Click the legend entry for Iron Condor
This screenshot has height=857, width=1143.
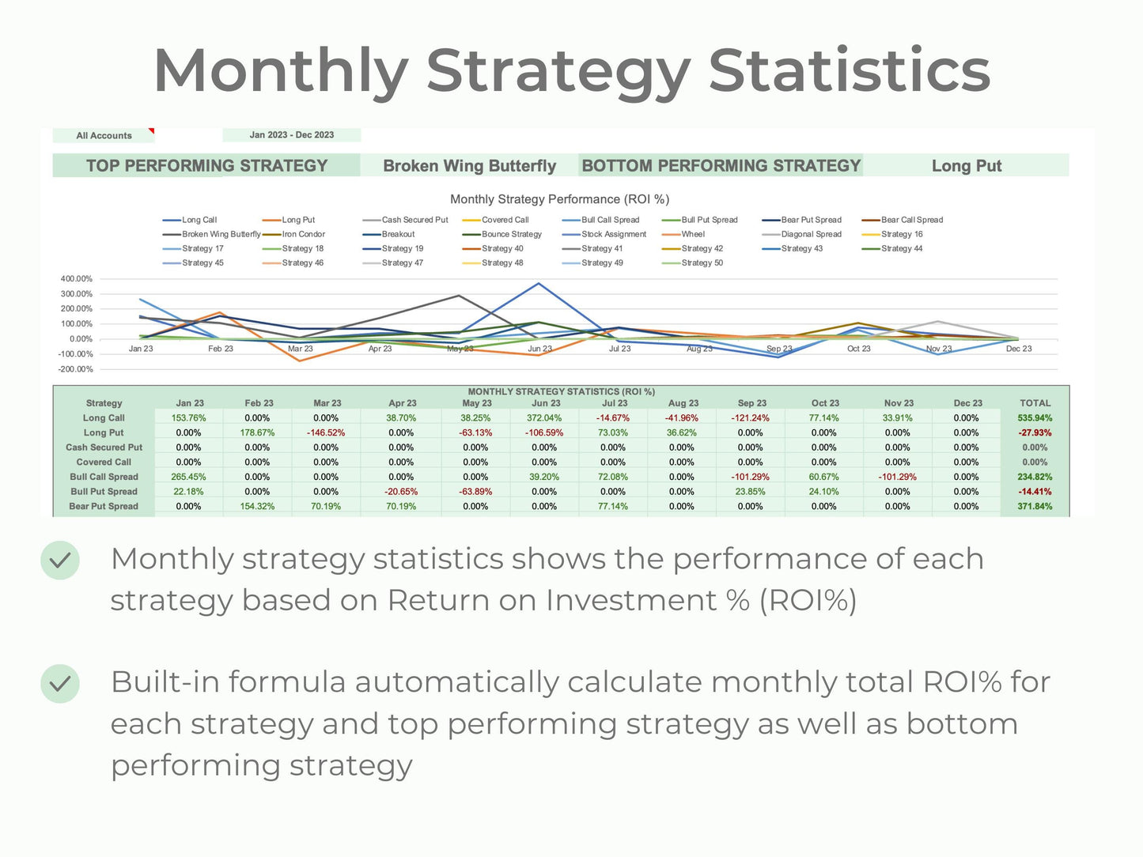coord(303,234)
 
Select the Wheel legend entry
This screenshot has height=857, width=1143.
coord(692,234)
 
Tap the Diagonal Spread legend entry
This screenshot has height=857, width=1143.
coord(811,234)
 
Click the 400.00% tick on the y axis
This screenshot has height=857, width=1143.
coord(76,279)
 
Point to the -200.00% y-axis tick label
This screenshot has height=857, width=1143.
coord(75,369)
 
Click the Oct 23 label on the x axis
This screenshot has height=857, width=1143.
coord(858,349)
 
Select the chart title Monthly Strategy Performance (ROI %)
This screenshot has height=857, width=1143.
coord(559,199)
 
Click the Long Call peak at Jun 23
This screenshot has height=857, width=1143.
coord(539,283)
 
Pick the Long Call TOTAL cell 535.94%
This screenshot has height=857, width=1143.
coord(1035,418)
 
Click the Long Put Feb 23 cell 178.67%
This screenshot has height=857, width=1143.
coord(257,433)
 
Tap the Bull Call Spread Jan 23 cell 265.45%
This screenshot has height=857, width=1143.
coord(188,478)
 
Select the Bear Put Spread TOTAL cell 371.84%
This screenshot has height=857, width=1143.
coord(1035,507)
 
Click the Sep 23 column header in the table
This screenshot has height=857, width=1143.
coord(751,403)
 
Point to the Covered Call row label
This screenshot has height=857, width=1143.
coord(104,462)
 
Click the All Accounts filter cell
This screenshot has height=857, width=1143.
coord(104,136)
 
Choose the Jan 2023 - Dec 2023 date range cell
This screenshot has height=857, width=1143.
coord(291,135)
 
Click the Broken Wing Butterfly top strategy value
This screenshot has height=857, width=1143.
coord(469,166)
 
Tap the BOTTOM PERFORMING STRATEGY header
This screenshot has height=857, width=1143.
coord(721,166)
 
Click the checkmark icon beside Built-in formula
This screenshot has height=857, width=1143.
coord(60,684)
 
